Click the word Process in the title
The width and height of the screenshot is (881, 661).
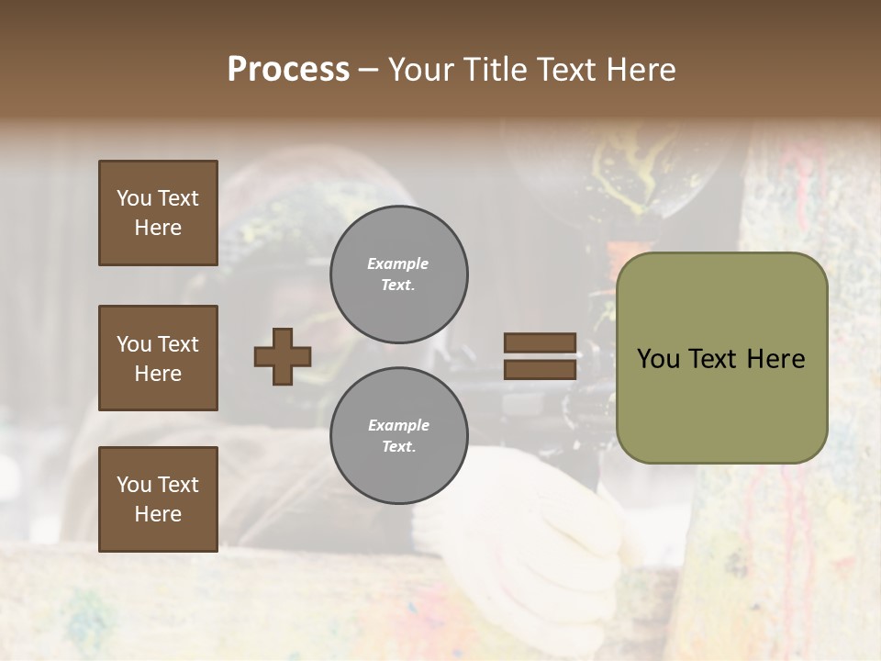pyautogui.click(x=288, y=70)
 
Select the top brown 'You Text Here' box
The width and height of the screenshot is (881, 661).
pyautogui.click(x=158, y=213)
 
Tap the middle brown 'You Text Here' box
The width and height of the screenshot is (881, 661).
pyautogui.click(x=158, y=358)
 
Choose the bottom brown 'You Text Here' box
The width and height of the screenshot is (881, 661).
pyautogui.click(x=158, y=499)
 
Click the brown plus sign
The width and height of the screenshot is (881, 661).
pyautogui.click(x=283, y=356)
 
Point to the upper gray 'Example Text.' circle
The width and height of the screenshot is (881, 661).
pyautogui.click(x=398, y=274)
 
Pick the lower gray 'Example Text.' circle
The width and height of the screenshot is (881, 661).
pyautogui.click(x=398, y=436)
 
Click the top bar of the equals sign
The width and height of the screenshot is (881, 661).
pyautogui.click(x=540, y=343)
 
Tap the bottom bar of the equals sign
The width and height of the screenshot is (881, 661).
pyautogui.click(x=540, y=369)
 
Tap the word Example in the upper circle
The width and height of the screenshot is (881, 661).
pyautogui.click(x=398, y=263)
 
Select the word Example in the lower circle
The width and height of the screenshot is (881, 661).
pyautogui.click(x=398, y=425)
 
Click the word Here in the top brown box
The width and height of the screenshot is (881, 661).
pyautogui.click(x=158, y=228)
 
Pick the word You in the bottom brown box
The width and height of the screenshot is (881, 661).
pyautogui.click(x=134, y=485)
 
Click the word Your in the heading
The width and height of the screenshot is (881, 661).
pyautogui.click(x=422, y=70)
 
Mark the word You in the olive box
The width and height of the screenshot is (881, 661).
pyautogui.click(x=658, y=359)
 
